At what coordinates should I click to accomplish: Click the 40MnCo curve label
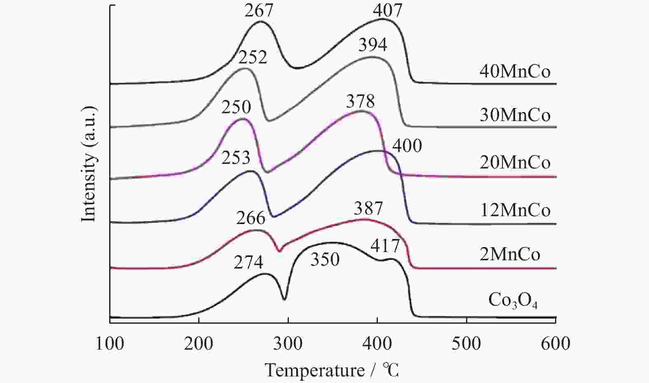(515, 72)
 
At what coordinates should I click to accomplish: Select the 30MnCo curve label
(515, 115)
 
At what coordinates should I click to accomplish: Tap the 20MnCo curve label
(515, 163)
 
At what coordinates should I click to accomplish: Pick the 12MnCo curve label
(515, 210)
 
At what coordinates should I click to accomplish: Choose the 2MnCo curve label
(510, 254)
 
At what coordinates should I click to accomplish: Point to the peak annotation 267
(259, 11)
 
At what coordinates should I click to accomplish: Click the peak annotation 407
(387, 11)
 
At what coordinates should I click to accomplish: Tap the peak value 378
(360, 101)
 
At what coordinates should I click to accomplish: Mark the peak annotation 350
(325, 259)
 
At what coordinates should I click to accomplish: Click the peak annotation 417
(385, 246)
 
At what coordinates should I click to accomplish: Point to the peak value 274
(248, 262)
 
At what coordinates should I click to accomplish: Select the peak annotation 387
(368, 209)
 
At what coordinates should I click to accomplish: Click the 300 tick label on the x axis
(288, 343)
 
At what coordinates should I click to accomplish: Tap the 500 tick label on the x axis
(466, 343)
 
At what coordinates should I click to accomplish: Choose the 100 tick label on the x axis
(110, 343)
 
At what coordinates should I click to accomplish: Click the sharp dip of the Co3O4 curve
(284, 299)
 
